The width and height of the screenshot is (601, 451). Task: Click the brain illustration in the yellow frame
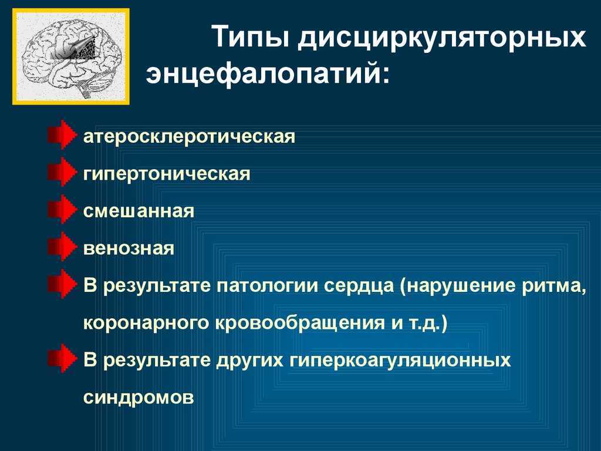(71, 56)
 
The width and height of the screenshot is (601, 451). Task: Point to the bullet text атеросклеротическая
(190, 136)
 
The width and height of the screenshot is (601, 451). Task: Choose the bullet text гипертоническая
(167, 174)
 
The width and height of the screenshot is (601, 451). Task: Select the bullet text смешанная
(139, 211)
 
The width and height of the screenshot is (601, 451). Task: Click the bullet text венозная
(129, 248)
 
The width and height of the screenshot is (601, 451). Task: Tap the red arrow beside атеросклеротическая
(61, 134)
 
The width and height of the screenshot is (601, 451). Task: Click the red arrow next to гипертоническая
(61, 172)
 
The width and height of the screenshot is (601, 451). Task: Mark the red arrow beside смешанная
(61, 209)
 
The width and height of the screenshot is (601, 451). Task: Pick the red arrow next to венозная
(61, 247)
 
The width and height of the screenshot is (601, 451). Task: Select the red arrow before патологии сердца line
(61, 284)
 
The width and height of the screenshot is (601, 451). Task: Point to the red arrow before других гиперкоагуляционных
(61, 359)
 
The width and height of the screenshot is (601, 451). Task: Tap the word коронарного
(146, 324)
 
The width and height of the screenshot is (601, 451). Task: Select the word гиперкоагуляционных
(400, 361)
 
